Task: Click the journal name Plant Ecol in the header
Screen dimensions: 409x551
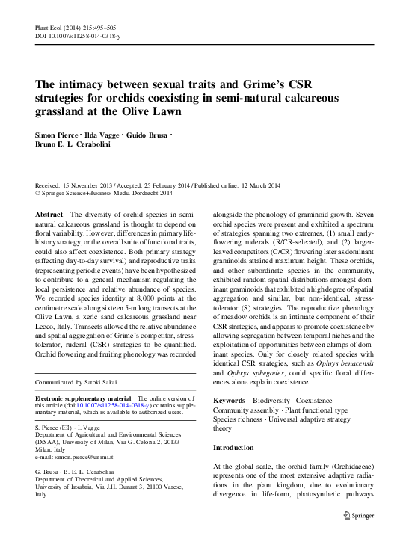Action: click(48, 25)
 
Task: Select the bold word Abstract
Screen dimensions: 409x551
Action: click(49, 214)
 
